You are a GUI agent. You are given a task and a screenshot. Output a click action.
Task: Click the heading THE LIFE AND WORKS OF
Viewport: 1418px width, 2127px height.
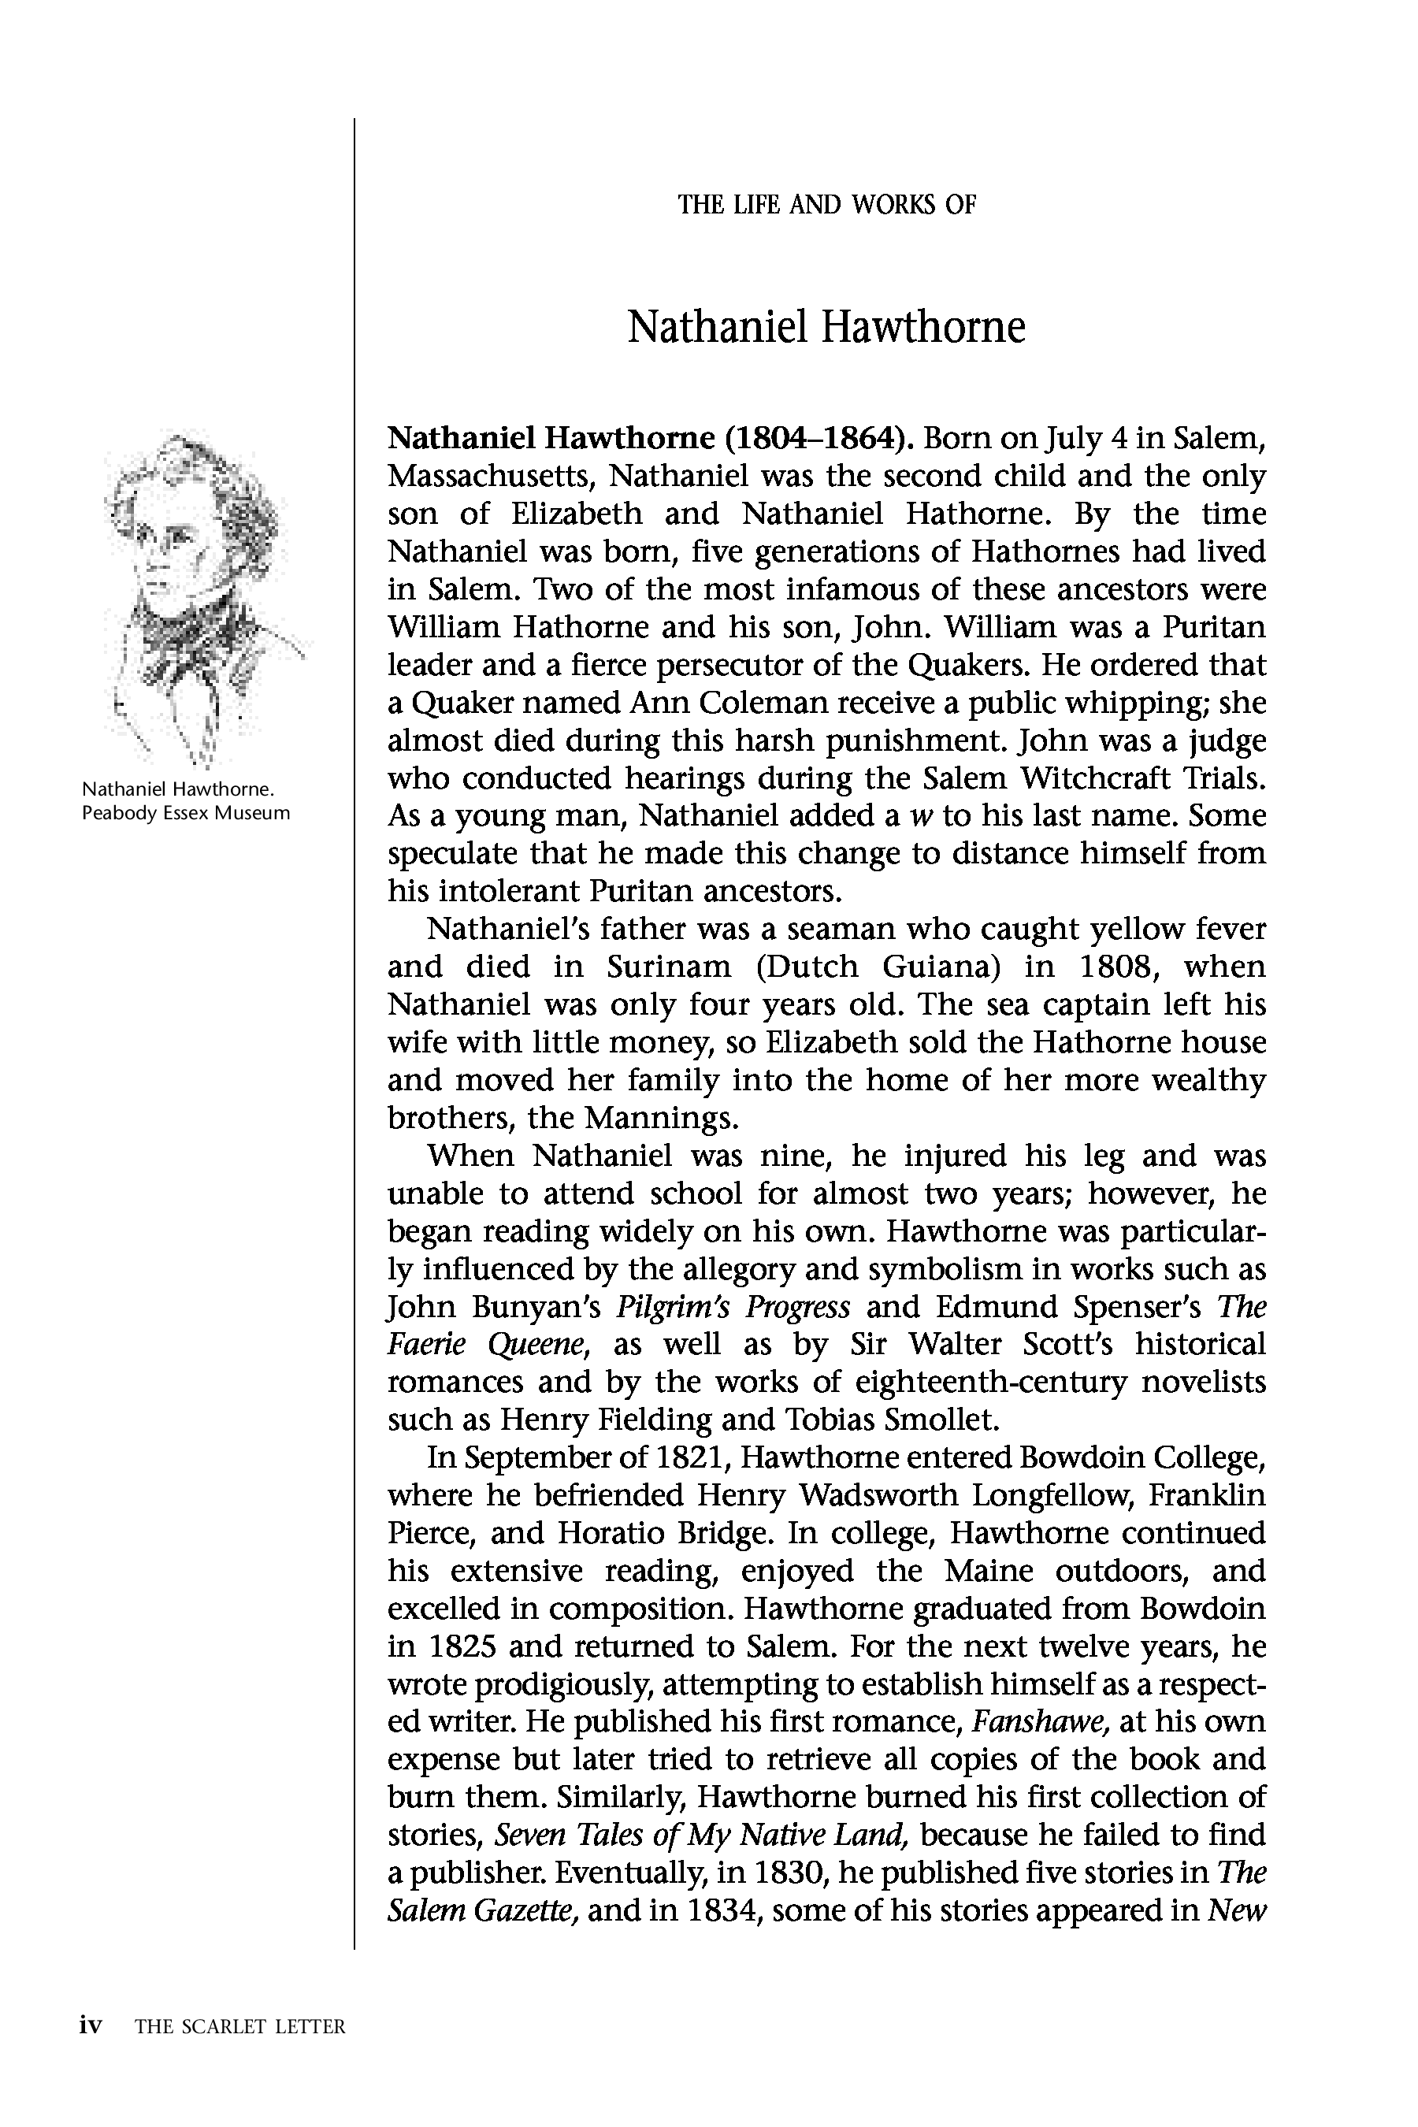(826, 206)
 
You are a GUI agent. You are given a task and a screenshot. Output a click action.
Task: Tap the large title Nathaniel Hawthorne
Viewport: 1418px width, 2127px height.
(826, 328)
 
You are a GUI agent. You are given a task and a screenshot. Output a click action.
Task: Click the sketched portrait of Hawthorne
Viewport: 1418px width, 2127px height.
(195, 597)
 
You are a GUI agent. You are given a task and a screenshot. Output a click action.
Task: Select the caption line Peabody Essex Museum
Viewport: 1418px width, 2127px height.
(185, 813)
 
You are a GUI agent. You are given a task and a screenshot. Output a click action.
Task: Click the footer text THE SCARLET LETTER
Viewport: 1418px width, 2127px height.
(239, 2027)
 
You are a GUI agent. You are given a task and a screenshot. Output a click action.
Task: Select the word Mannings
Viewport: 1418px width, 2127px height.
(661, 1119)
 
